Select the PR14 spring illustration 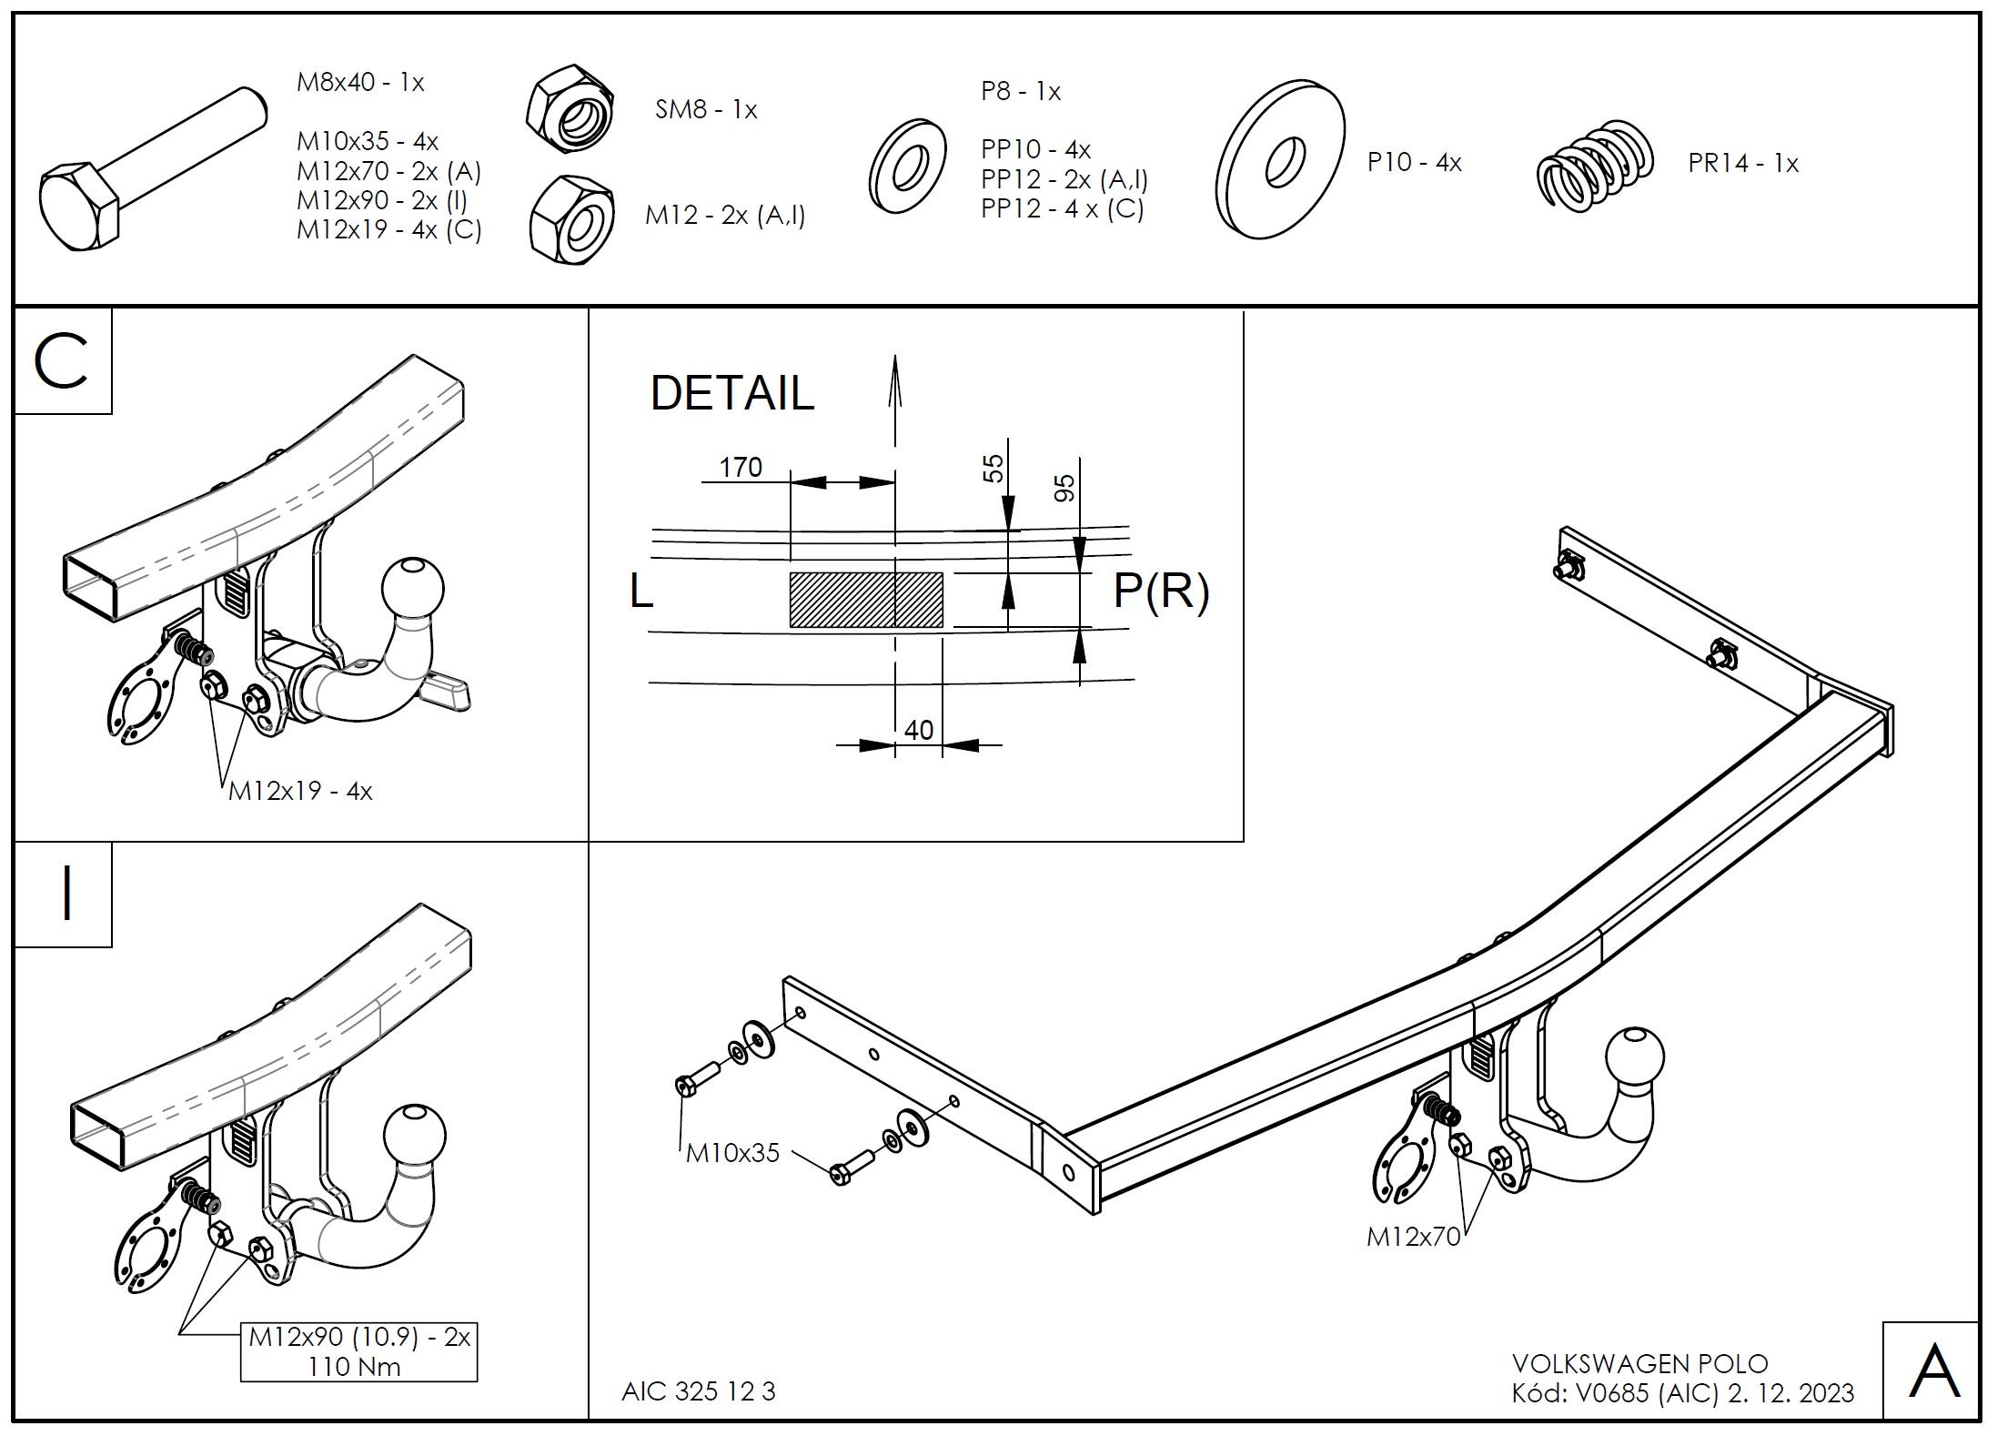click(1594, 166)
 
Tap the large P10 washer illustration click(1281, 160)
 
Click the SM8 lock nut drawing click(570, 109)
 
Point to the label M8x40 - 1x click(360, 83)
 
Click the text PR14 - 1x click(1743, 164)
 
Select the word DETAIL click(731, 393)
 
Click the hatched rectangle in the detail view click(865, 600)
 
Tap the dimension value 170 click(741, 468)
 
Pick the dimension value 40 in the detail click(919, 730)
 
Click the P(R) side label click(1161, 592)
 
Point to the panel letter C click(61, 361)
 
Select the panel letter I click(65, 895)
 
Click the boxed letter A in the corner click(1933, 1371)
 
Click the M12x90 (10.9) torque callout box click(358, 1351)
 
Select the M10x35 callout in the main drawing click(732, 1153)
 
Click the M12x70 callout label click(1412, 1237)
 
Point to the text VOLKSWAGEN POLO click(1639, 1364)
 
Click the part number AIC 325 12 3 click(698, 1391)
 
